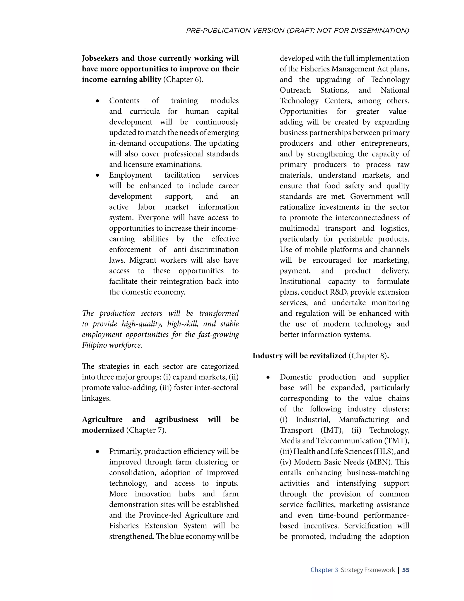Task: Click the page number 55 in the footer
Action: (x=406, y=570)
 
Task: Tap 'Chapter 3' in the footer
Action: (x=324, y=570)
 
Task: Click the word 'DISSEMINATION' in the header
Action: (x=380, y=31)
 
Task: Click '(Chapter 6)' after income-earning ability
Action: (x=183, y=80)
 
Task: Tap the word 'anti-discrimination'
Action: (x=206, y=250)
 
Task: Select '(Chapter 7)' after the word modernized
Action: (x=146, y=430)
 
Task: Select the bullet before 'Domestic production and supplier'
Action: (x=268, y=378)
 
